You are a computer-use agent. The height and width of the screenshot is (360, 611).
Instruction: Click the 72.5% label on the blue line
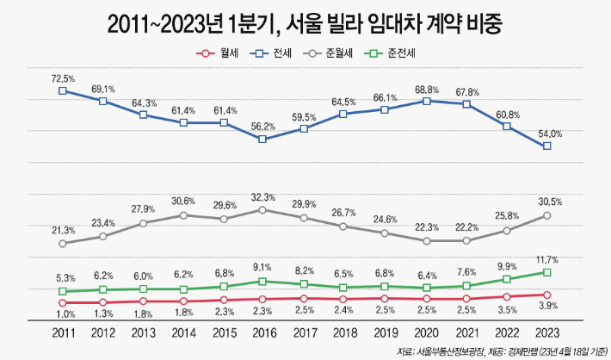click(x=63, y=78)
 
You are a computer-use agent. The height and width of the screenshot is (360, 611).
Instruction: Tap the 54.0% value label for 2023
click(x=550, y=134)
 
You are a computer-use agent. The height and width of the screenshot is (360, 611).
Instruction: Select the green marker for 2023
click(x=546, y=272)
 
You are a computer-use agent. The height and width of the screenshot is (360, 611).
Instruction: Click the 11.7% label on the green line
click(x=548, y=259)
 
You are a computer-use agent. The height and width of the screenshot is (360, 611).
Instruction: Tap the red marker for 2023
click(x=546, y=295)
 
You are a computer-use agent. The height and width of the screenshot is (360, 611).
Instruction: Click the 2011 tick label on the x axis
click(x=63, y=332)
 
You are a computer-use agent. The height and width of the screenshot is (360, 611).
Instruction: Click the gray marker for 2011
click(x=63, y=244)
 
